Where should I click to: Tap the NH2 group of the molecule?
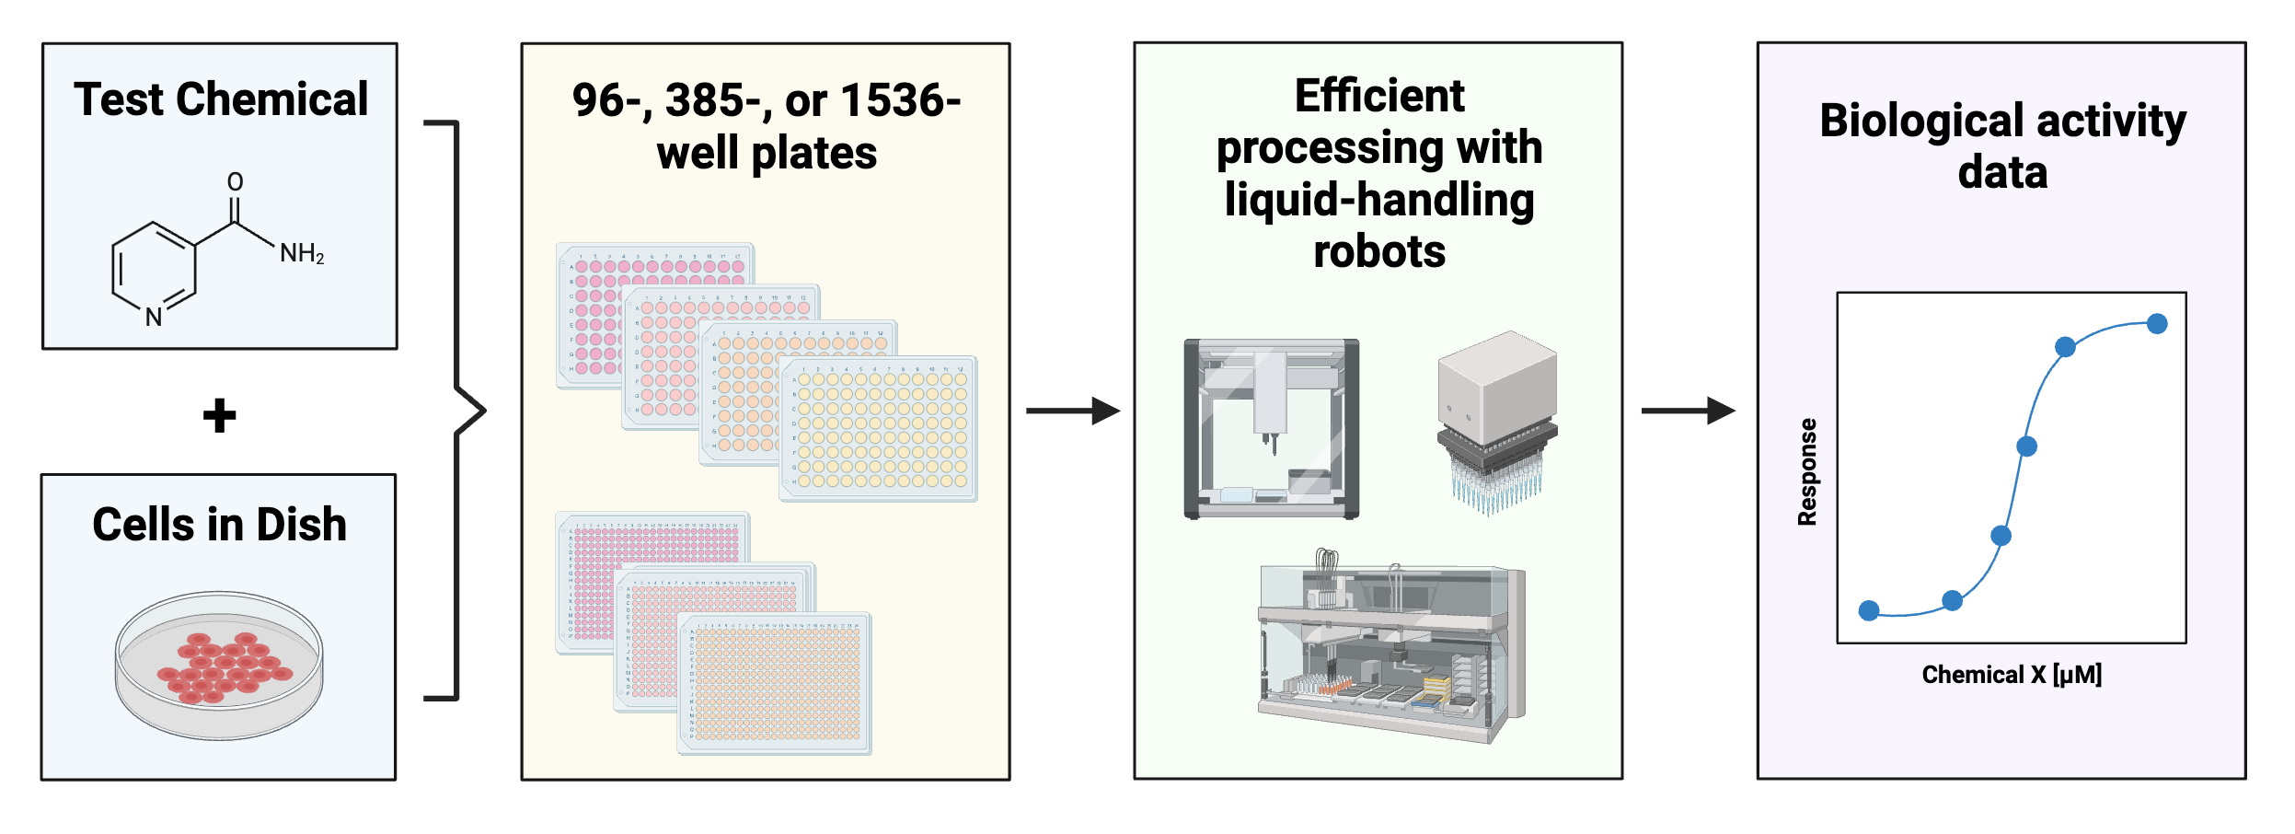pos(302,253)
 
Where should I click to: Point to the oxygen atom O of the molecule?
pos(236,181)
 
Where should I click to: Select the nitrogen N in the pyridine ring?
pos(154,318)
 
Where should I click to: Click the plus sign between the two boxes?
pos(220,415)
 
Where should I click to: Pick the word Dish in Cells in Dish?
pos(301,525)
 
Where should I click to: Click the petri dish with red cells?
pos(219,665)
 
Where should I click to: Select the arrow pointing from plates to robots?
pos(1072,411)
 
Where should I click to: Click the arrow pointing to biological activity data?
pos(1688,411)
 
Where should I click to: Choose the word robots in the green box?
pos(1378,252)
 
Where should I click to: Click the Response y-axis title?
pos(1807,472)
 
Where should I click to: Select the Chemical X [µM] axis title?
pos(2012,675)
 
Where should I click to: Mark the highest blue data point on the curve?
pos(2157,323)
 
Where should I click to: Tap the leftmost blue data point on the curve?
pos(1869,610)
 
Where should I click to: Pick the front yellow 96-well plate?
pos(879,428)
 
